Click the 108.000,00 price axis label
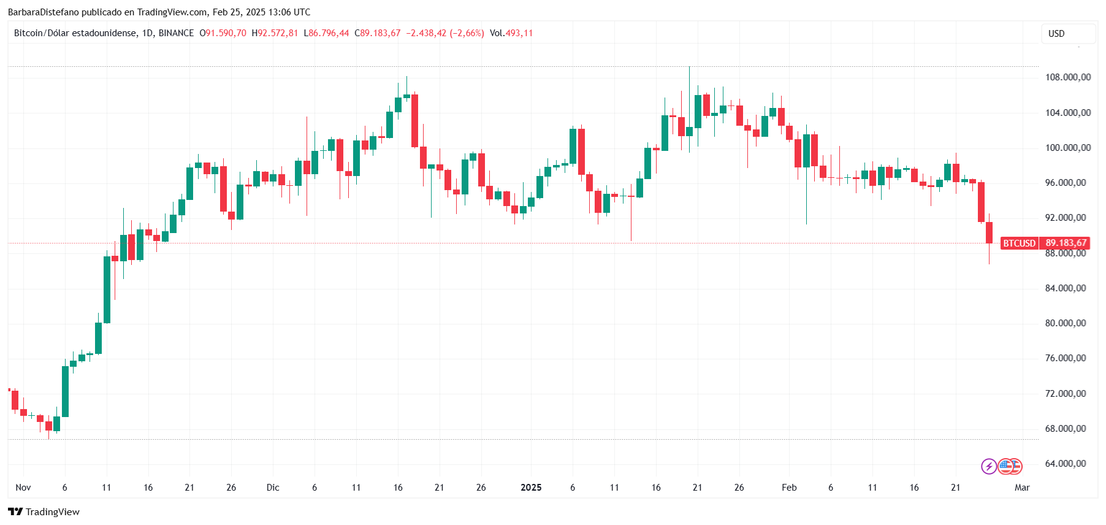1067,77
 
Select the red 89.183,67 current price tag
1066,243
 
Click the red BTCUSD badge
1018,243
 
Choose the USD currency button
1068,34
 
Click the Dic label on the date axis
273,488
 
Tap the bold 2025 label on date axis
531,488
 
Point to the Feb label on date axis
789,488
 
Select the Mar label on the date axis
1021,488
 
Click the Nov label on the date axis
23,488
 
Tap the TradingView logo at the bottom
44,512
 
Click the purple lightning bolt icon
988,467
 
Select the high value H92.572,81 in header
275,33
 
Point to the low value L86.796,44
326,33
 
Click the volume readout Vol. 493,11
511,33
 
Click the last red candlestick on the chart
989,232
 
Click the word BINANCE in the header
176,33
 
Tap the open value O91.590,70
223,33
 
